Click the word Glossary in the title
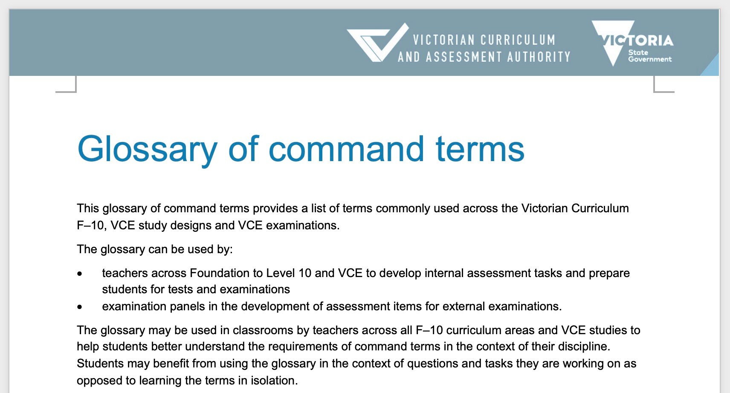147,149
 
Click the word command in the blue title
346,149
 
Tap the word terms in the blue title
480,149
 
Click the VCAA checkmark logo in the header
377,43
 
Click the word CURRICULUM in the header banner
518,40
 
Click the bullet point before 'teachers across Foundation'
80,274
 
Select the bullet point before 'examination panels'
80,307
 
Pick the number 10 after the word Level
304,273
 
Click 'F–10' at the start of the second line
90,225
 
